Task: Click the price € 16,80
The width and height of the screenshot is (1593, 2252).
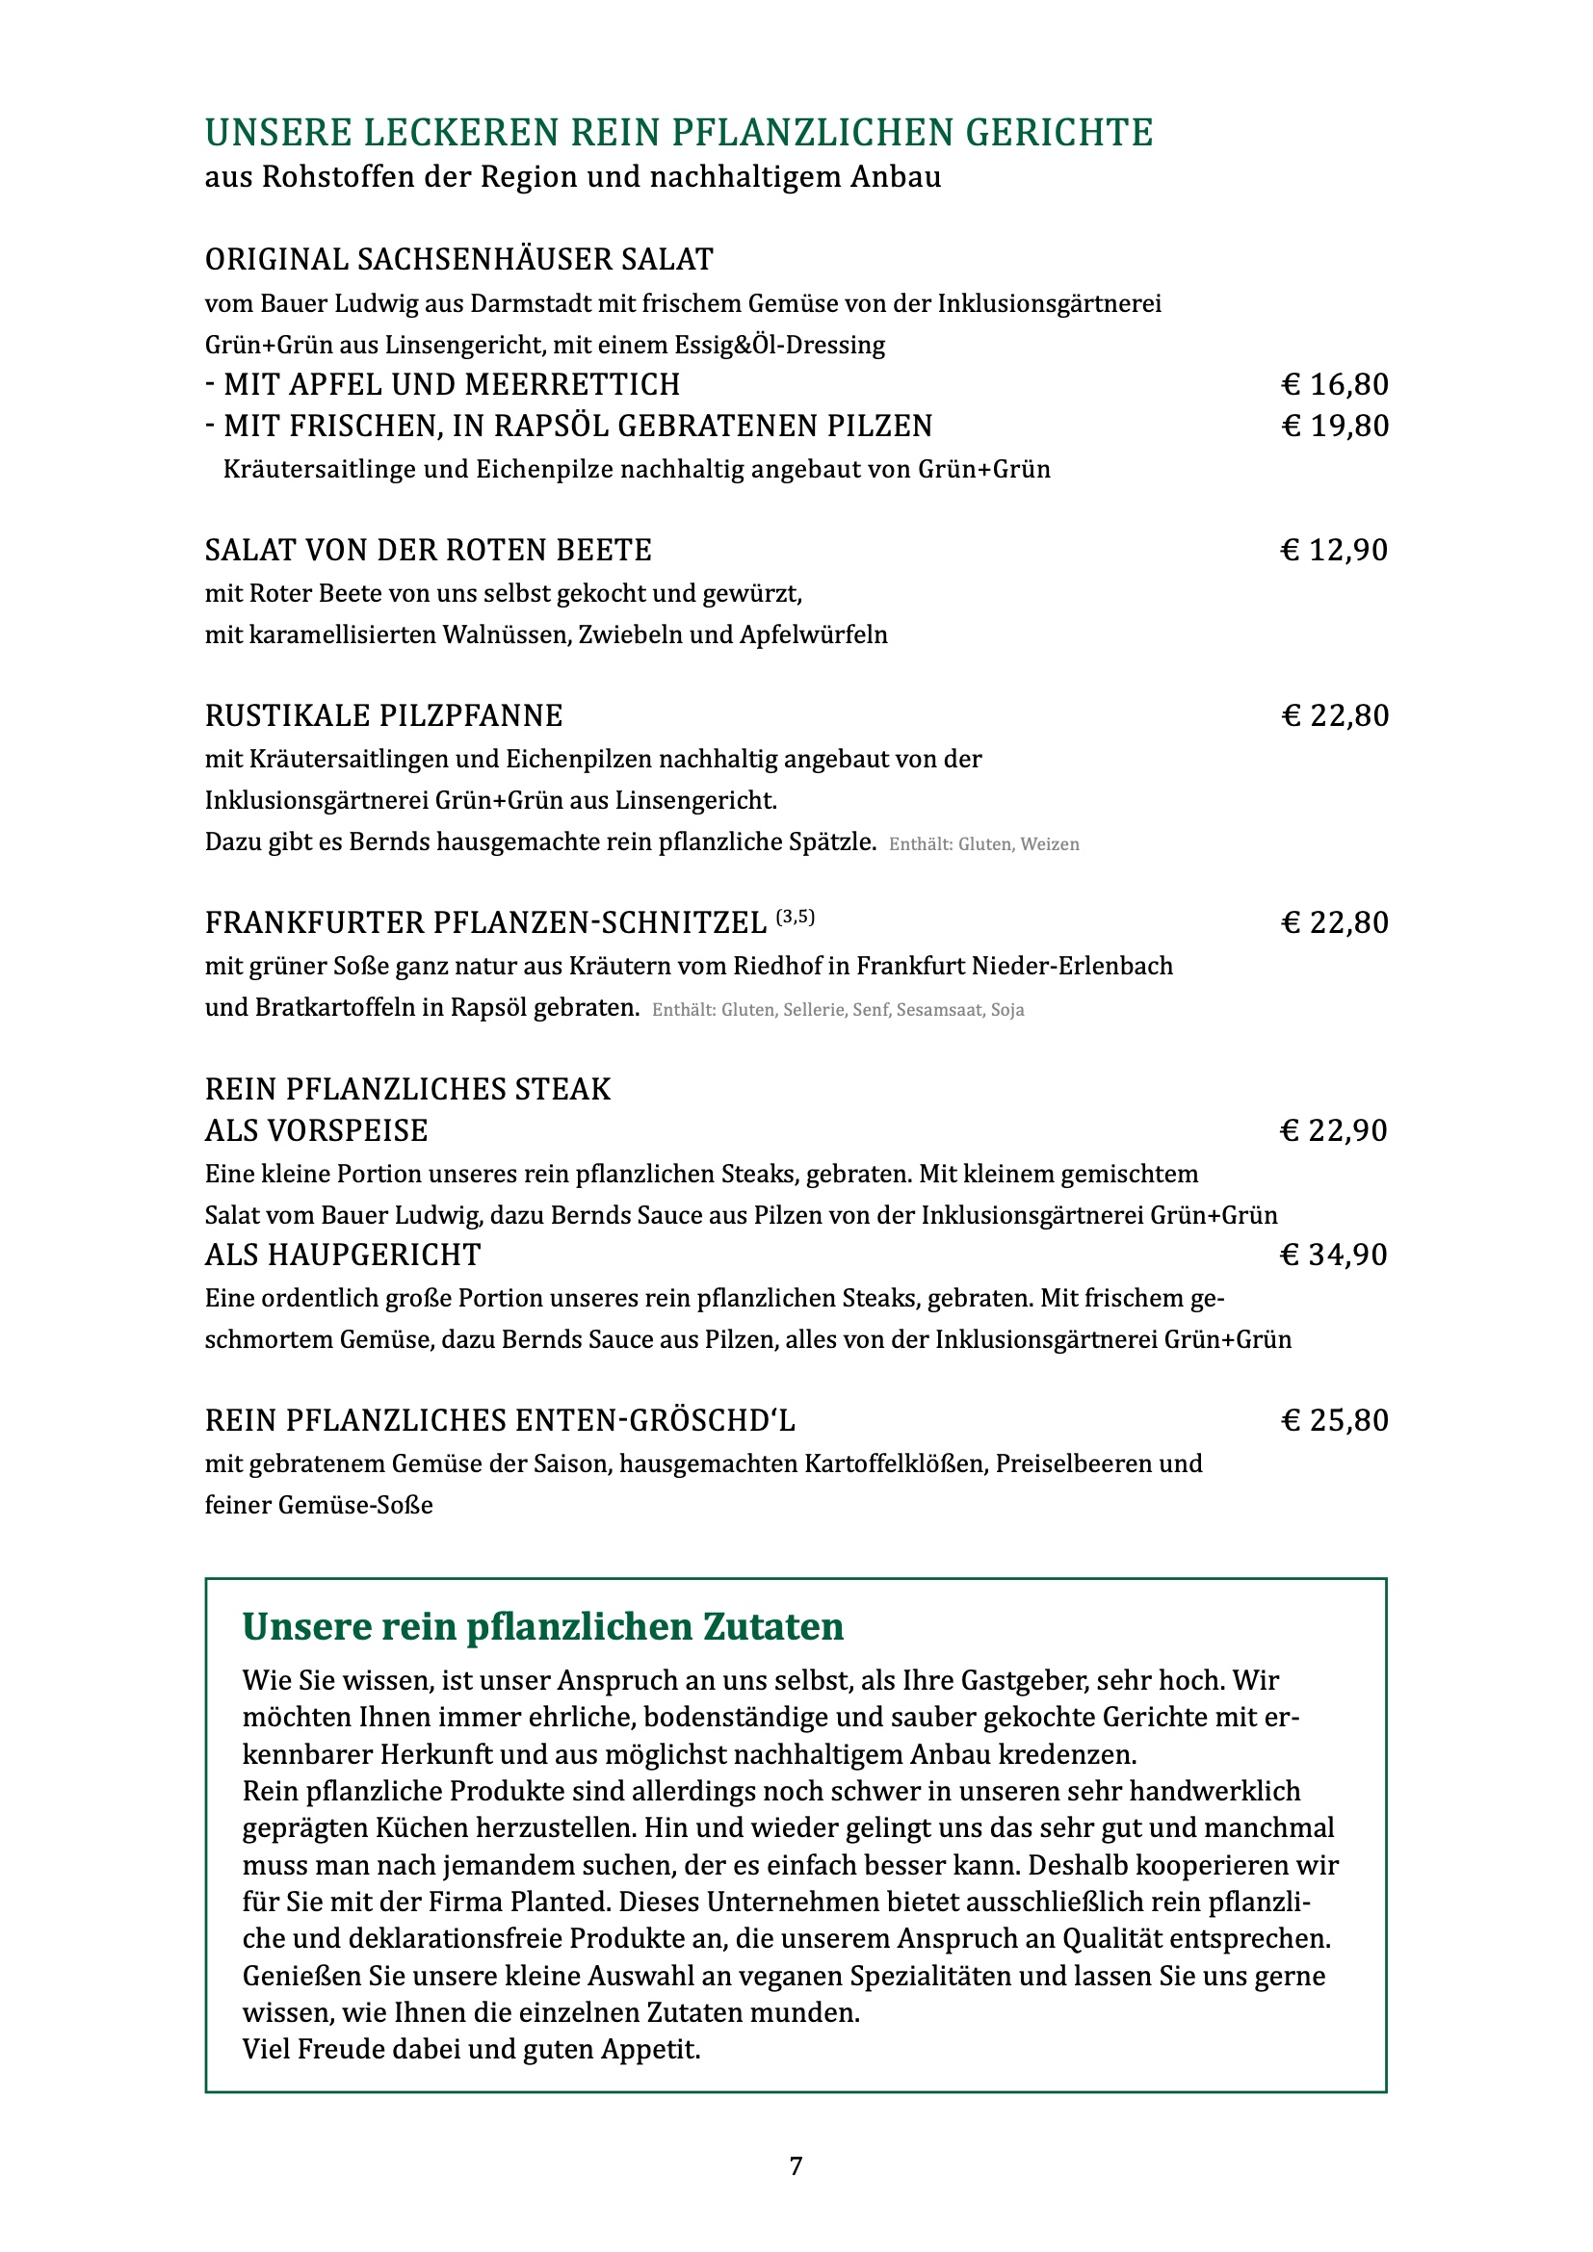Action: coord(1334,384)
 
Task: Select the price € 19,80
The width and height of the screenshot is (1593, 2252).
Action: coord(1334,426)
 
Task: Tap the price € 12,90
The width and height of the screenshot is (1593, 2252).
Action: coord(1334,551)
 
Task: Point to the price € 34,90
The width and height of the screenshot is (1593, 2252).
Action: coord(1334,1255)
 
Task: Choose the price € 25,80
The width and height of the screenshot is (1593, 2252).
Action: coord(1334,1420)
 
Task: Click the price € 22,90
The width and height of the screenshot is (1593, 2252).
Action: coord(1334,1131)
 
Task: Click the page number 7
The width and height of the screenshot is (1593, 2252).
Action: coord(796,2165)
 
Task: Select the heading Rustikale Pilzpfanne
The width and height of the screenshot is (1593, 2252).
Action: coord(383,716)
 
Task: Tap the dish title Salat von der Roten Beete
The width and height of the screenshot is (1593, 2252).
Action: coord(428,551)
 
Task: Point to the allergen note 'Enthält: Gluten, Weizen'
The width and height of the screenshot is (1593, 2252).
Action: coord(984,844)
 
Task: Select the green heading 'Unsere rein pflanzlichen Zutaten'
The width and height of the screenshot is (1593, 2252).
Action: coord(542,1627)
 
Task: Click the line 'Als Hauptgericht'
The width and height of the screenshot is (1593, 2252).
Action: coord(342,1255)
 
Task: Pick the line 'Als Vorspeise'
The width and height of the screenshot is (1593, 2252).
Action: coord(316,1131)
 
